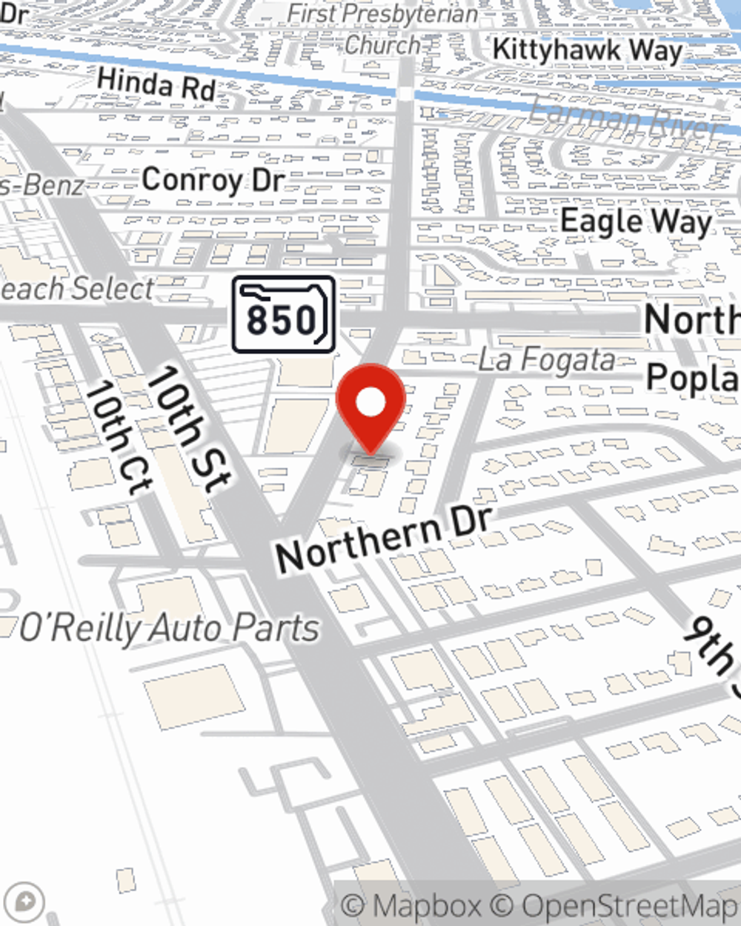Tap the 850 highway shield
(x=284, y=315)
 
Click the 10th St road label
(x=188, y=429)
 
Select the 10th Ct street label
(x=118, y=438)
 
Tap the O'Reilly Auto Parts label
(x=169, y=629)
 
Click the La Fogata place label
(x=546, y=361)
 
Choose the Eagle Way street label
(x=636, y=221)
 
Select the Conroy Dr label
(x=213, y=180)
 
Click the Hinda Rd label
(x=156, y=84)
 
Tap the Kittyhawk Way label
(x=587, y=50)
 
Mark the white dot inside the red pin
(x=370, y=403)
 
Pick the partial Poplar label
(x=693, y=378)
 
